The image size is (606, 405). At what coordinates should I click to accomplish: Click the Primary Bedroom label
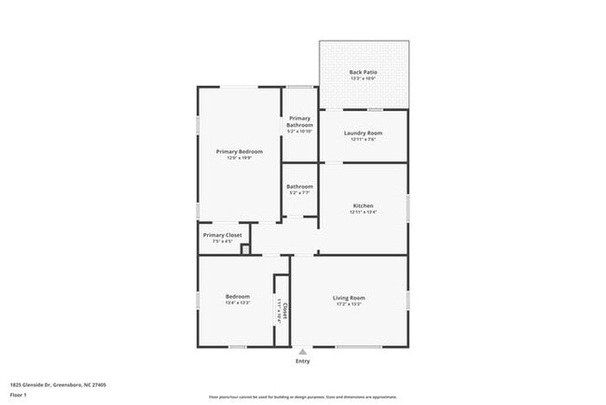click(239, 151)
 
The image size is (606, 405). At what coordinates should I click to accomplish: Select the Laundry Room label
click(363, 133)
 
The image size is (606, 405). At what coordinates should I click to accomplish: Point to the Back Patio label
click(363, 72)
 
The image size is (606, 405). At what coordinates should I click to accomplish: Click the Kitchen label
click(363, 205)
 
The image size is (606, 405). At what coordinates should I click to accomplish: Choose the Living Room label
click(349, 298)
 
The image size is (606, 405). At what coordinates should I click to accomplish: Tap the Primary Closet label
click(222, 235)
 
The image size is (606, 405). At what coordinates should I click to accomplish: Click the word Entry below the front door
click(303, 361)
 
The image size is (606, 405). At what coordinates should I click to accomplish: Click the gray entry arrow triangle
click(303, 352)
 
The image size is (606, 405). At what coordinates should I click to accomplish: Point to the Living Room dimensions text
click(349, 305)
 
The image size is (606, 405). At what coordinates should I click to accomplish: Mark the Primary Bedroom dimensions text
click(239, 158)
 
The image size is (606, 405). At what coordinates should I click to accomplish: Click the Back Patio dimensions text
click(363, 78)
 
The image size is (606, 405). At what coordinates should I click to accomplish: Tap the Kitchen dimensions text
click(363, 212)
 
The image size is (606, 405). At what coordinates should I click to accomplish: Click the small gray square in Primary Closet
click(245, 249)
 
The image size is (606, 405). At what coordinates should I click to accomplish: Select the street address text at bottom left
click(58, 384)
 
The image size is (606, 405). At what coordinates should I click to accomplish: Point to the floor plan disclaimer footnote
click(302, 397)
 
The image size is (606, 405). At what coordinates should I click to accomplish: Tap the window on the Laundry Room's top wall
click(364, 110)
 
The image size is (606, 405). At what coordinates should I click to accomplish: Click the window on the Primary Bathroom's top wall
click(300, 88)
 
